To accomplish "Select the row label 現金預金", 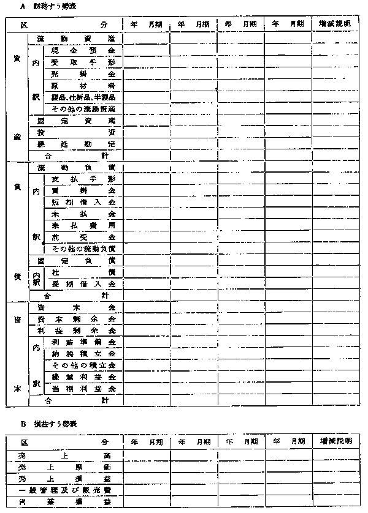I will coord(83,50).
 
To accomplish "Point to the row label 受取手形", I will coord(83,62).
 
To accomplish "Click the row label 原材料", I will coord(83,85).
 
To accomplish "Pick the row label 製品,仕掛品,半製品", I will coord(83,97).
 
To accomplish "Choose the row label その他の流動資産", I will coord(83,108).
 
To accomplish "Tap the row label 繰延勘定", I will coord(76,144).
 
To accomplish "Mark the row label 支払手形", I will coord(83,179).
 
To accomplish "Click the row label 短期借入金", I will coord(83,202).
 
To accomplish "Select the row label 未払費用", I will coord(83,225).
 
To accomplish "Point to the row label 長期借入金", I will coord(83,284).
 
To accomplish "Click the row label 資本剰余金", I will coord(76,319).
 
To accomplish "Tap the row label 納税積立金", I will coord(83,354).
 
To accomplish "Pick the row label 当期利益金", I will coord(83,389).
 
